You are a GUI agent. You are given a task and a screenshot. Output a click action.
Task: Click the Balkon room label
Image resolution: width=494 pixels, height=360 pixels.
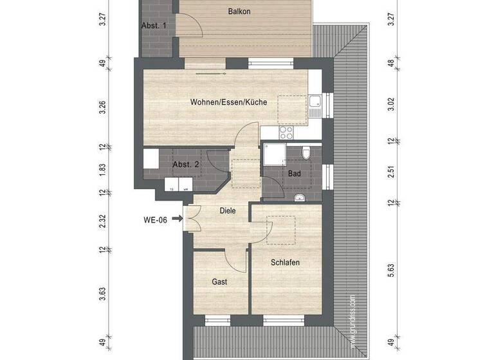coord(239,12)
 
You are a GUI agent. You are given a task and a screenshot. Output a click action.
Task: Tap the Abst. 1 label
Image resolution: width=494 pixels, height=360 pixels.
coord(154,25)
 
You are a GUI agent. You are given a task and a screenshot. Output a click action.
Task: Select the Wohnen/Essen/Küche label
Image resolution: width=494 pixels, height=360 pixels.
coord(228,102)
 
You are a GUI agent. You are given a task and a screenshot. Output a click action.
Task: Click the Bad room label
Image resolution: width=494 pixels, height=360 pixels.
coord(295,174)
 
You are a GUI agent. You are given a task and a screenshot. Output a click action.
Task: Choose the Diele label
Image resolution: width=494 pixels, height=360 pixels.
coord(227,210)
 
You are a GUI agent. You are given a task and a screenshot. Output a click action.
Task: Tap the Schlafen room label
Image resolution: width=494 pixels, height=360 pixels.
coord(284,262)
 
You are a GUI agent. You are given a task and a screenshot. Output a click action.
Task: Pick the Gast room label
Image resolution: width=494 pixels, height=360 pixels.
coord(219,282)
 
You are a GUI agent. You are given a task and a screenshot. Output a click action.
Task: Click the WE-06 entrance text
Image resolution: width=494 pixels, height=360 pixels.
coord(156,220)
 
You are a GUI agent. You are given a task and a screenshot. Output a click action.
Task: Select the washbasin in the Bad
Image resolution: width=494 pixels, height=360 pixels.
coord(298,198)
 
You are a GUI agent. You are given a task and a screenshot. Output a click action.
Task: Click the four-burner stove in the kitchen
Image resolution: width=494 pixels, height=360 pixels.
coord(286,132)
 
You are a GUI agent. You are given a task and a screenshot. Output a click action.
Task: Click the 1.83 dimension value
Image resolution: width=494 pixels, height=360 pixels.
coord(102,170)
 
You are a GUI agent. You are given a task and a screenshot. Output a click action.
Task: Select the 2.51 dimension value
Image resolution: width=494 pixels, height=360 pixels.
coord(390,171)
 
